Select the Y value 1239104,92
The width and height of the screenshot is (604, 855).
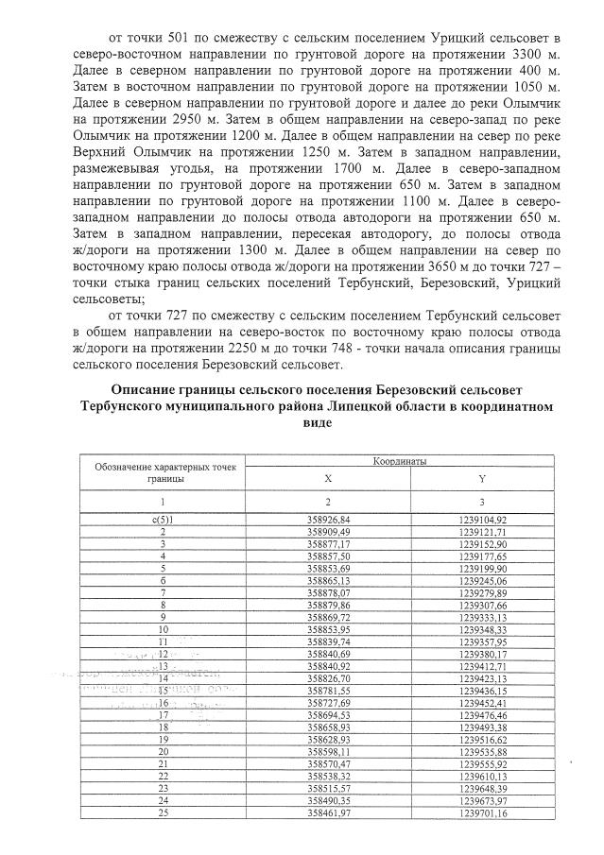coord(481,520)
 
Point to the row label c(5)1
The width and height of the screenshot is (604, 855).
coord(164,520)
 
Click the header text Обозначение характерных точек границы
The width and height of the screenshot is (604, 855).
coord(164,472)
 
